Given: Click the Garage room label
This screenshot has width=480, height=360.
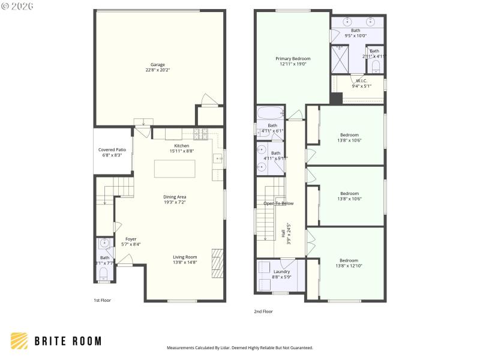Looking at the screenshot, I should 158,65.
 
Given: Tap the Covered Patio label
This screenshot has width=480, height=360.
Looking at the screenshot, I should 112,150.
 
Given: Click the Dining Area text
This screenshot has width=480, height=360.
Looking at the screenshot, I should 175,197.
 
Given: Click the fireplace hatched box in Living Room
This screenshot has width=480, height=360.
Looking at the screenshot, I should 217,261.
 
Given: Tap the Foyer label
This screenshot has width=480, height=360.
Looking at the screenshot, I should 131,239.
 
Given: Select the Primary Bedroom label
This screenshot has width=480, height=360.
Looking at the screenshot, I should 293,59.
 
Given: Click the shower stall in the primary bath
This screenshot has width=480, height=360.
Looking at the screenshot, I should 341,58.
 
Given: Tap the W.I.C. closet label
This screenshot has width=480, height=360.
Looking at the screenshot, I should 361,80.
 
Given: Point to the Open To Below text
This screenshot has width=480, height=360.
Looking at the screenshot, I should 278,203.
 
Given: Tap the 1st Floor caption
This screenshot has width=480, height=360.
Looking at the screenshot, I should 102,300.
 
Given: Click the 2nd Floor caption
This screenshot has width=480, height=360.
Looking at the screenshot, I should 263,311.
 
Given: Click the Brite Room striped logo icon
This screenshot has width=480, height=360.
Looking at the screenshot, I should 19,341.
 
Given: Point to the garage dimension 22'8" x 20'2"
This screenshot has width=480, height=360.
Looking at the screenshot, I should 158,70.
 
